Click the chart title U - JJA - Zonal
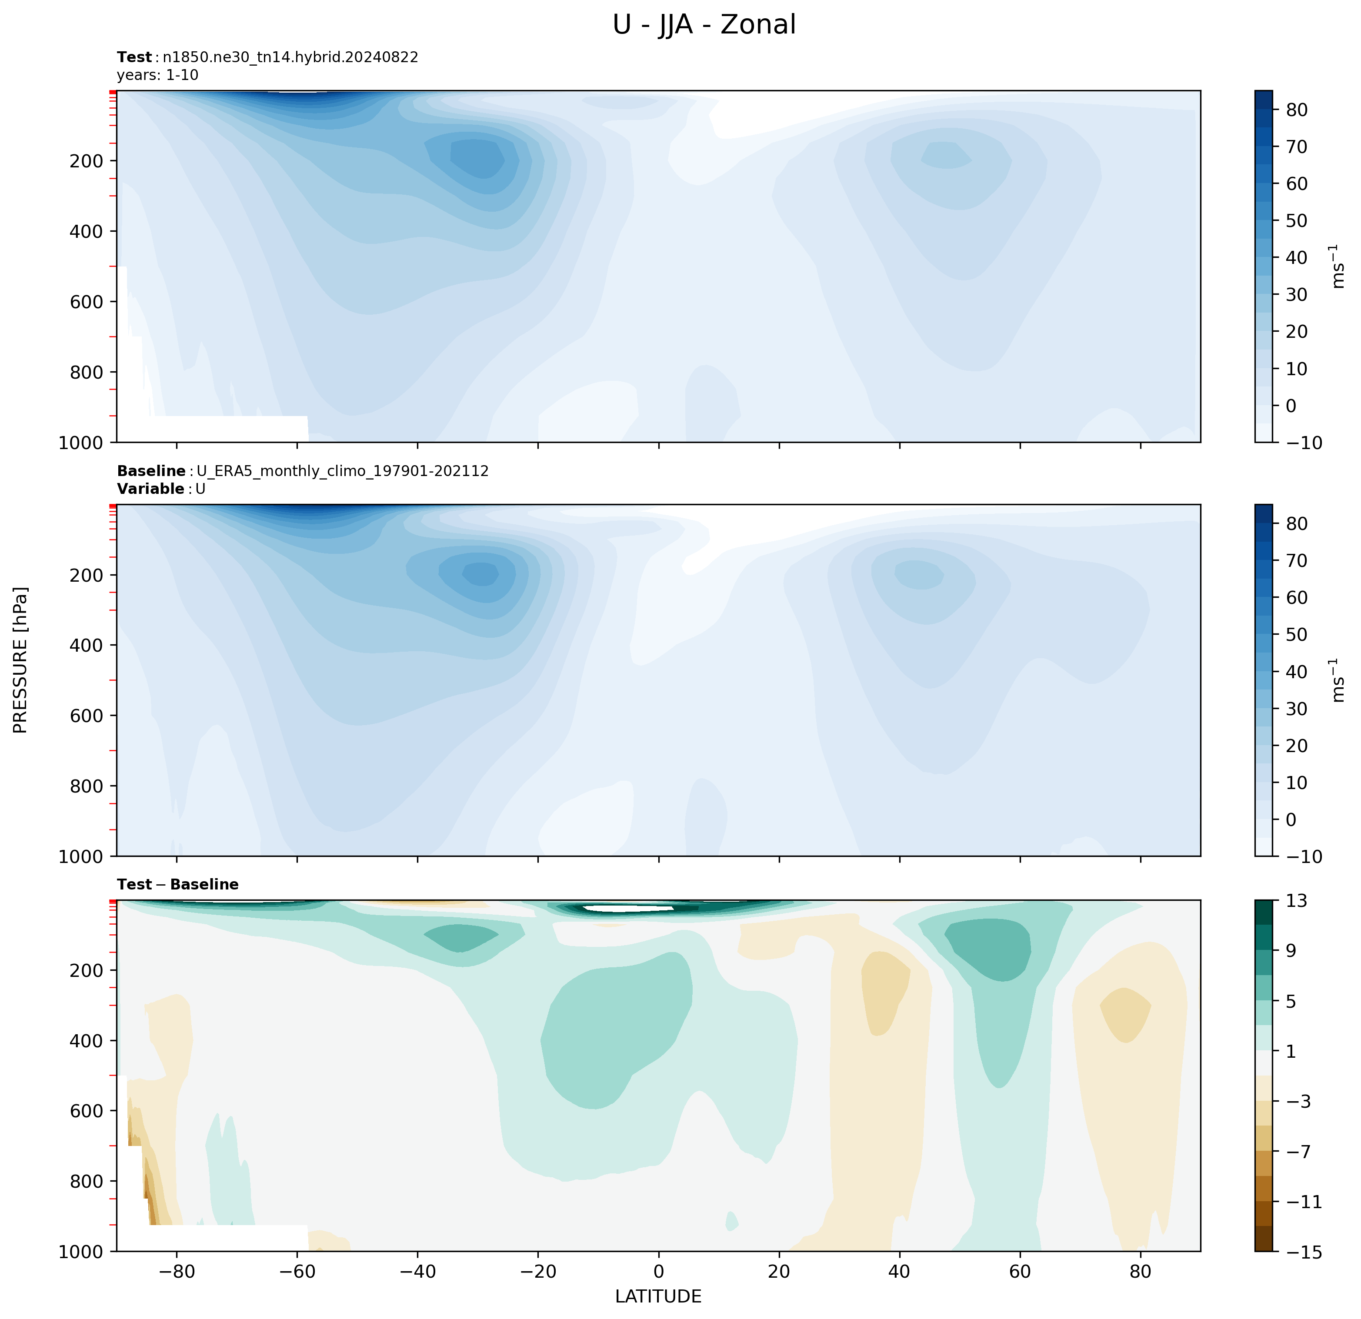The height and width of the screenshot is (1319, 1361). click(704, 25)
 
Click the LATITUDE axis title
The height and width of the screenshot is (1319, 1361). click(658, 1296)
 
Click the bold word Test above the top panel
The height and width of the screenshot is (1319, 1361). click(134, 57)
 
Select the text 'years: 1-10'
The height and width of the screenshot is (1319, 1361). click(158, 75)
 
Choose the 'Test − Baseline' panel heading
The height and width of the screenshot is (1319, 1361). click(178, 884)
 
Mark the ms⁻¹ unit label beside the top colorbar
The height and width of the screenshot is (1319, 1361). click(1338, 266)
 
